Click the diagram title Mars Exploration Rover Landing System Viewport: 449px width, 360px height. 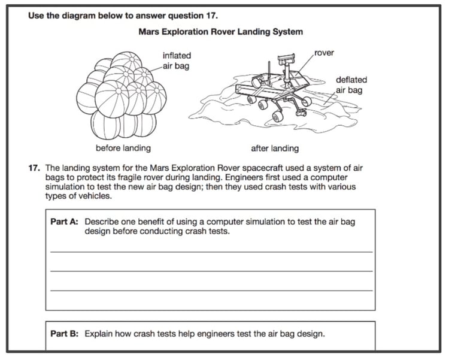point(220,32)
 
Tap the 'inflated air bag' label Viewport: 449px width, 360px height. point(176,60)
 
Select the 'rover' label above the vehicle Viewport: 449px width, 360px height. point(324,53)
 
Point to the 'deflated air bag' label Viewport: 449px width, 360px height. point(351,84)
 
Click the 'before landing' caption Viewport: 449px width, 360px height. point(123,148)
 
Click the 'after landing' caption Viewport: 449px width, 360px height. point(275,148)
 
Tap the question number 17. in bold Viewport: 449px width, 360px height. point(35,168)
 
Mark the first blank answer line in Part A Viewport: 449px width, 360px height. point(211,252)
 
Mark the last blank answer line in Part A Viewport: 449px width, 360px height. point(211,291)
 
